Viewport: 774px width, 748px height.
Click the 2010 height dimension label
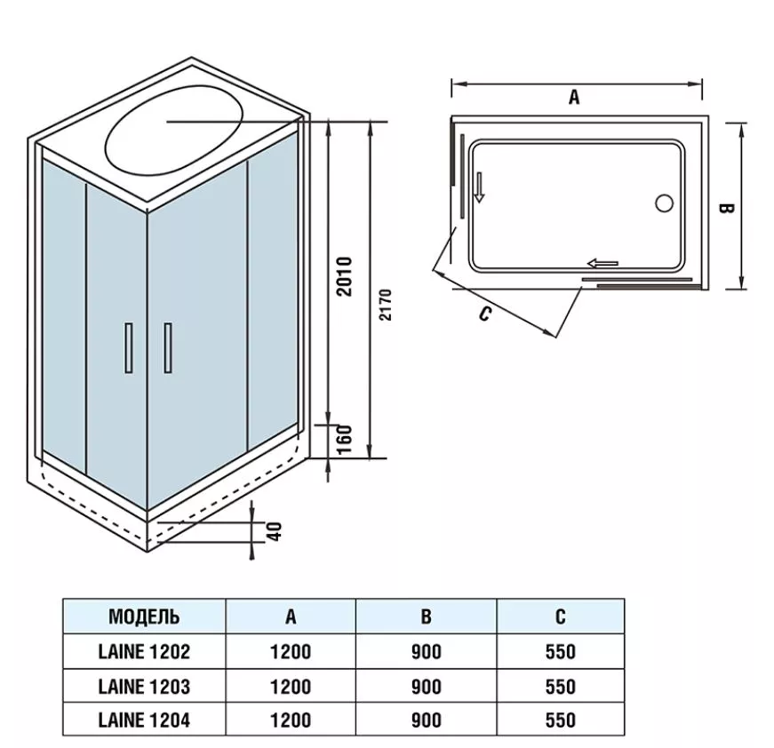coord(346,276)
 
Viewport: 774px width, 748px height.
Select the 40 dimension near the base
coord(275,531)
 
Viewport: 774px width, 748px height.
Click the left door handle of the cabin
coord(129,347)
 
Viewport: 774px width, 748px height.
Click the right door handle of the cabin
coord(167,348)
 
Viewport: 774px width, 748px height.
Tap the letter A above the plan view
coord(574,98)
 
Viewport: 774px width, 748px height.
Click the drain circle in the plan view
coord(664,203)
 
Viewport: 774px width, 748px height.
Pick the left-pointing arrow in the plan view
coord(602,262)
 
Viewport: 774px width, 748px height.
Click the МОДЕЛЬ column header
coord(144,616)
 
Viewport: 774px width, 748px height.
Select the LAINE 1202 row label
coord(144,651)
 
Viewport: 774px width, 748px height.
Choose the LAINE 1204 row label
coord(144,720)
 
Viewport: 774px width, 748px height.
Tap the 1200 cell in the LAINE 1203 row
coord(291,686)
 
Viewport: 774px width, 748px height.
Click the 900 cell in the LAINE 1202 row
coord(427,651)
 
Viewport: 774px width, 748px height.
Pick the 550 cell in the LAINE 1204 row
coord(560,720)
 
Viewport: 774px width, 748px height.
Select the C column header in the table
coord(560,616)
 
